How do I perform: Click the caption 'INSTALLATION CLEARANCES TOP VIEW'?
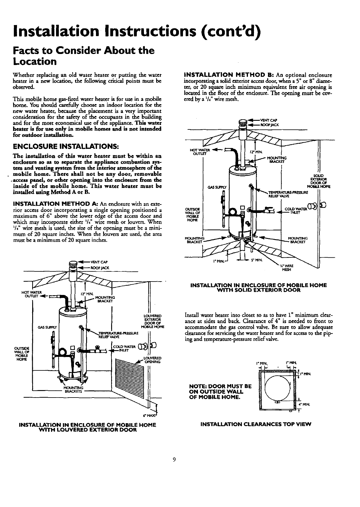tap(256, 423)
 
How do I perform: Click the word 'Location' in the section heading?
tap(35, 61)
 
